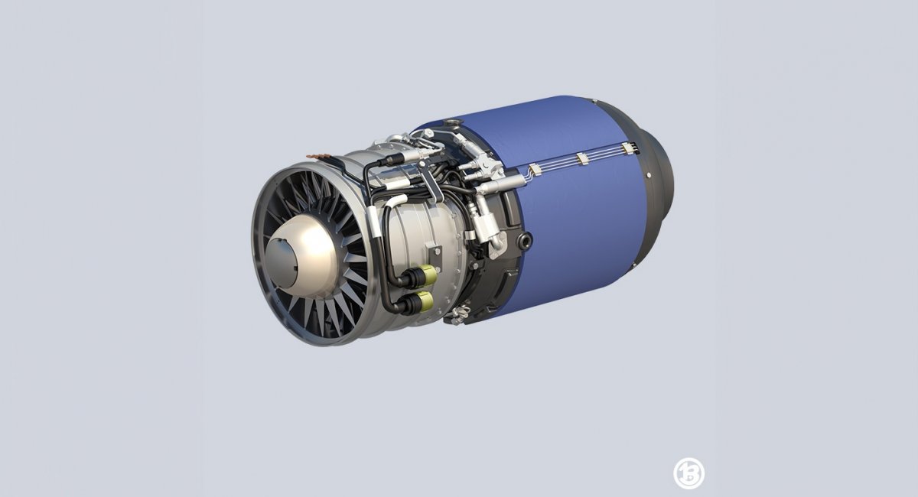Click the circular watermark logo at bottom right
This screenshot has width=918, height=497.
click(x=688, y=473)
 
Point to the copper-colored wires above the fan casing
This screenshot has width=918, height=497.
click(x=322, y=158)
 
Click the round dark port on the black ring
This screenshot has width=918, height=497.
click(x=525, y=241)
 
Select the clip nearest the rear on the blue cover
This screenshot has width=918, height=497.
click(x=628, y=148)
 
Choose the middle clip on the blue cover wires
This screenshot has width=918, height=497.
click(x=582, y=159)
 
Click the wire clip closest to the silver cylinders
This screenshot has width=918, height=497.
click(x=535, y=170)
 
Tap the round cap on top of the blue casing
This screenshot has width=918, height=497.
click(x=457, y=122)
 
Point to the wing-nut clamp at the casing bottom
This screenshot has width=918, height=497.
click(x=459, y=313)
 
